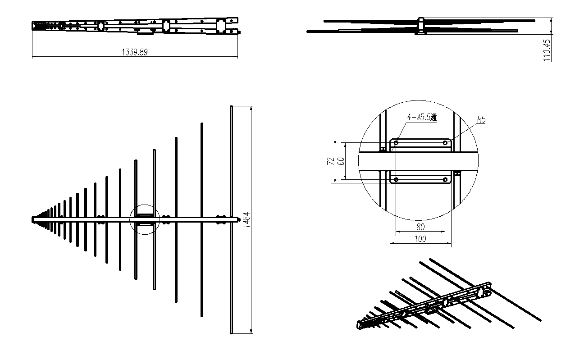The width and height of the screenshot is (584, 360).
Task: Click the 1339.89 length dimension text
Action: (135, 52)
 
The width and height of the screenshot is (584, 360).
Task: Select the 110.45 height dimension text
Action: (547, 50)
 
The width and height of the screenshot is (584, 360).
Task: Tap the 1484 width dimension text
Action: (246, 220)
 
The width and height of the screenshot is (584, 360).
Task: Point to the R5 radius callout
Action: (481, 120)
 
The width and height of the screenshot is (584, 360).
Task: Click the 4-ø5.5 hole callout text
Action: (422, 117)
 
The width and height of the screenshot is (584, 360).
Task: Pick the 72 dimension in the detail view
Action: (331, 161)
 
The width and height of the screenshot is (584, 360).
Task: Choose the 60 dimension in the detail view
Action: (341, 161)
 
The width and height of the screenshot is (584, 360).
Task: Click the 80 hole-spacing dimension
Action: (420, 227)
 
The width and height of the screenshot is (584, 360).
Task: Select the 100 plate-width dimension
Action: (420, 239)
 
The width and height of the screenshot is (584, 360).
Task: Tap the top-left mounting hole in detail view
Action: (396, 143)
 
